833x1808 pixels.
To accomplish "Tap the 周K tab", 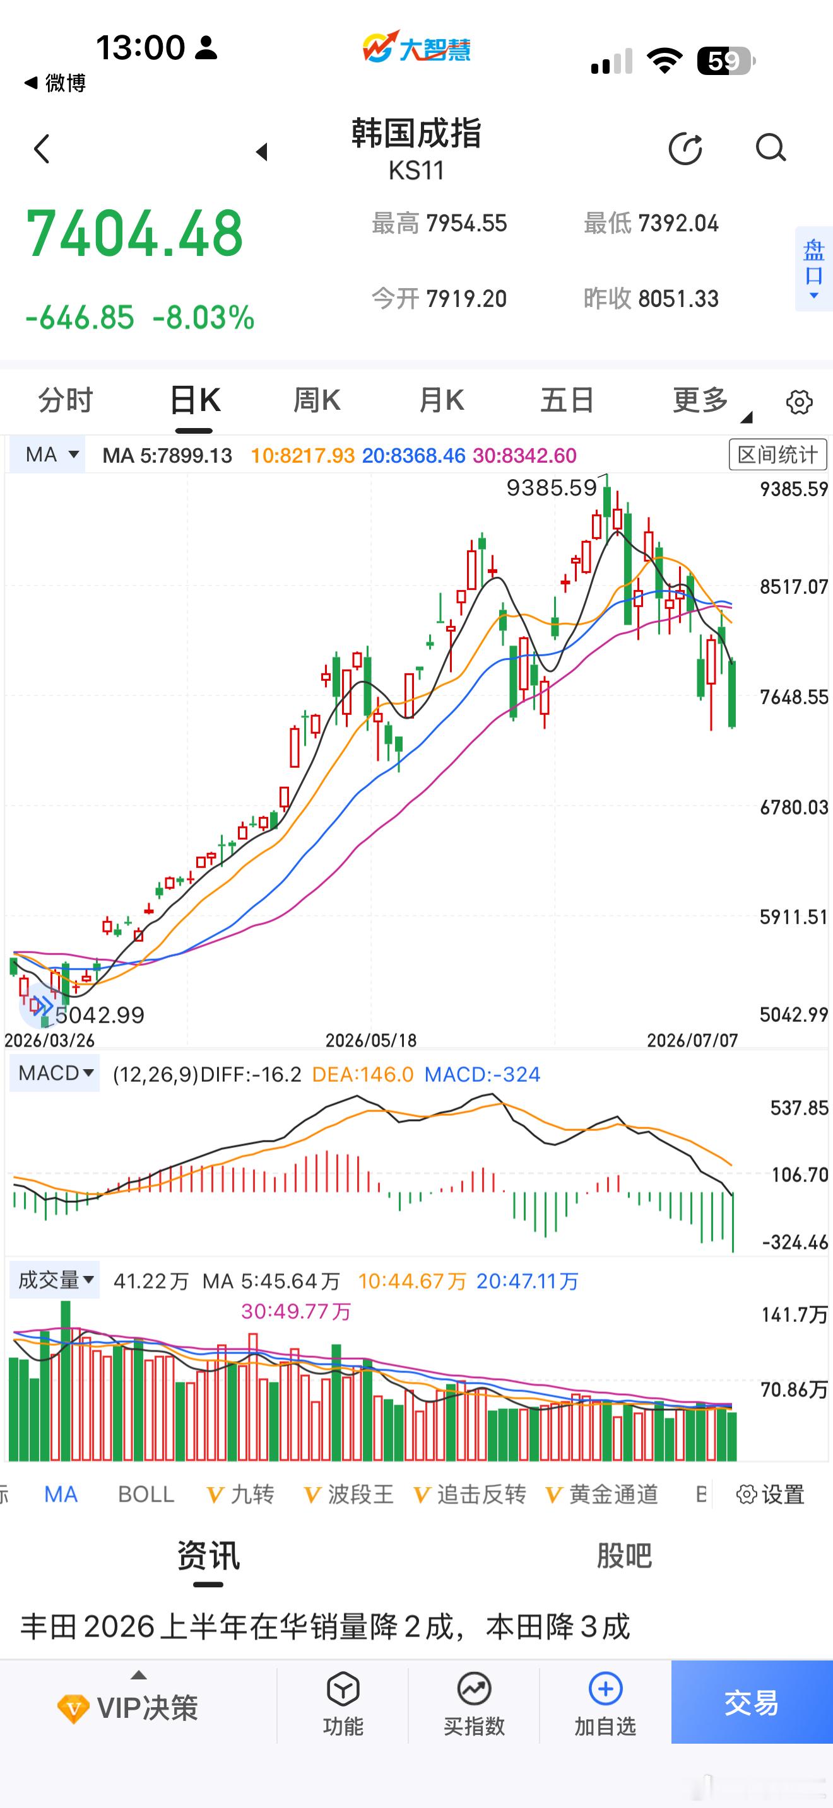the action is click(x=317, y=400).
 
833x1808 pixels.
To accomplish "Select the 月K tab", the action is click(x=441, y=400).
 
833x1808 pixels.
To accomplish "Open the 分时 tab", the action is click(x=66, y=400).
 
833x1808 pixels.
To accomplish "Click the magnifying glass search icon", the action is click(x=771, y=148).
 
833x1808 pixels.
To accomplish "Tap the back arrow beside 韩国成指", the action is click(x=42, y=149).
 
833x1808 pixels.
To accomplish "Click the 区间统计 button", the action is click(x=777, y=455).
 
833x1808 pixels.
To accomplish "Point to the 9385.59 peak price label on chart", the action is click(x=552, y=487).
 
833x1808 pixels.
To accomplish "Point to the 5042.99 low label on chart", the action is click(x=100, y=1015).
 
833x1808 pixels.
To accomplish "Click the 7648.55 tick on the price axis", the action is click(x=794, y=697).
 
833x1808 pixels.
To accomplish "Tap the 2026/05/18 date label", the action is click(x=371, y=1040).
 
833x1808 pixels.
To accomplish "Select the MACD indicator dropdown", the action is click(x=55, y=1074).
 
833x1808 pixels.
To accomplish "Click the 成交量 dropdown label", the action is click(x=55, y=1280).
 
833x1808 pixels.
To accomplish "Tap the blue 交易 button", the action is click(x=752, y=1702).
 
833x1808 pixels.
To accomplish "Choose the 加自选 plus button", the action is click(x=605, y=1703).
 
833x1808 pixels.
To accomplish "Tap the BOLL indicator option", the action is click(x=146, y=1495).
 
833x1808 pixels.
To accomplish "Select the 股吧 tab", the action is click(x=624, y=1556).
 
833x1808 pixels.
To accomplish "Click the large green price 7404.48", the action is click(x=134, y=233).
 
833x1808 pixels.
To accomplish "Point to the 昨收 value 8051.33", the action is click(x=678, y=299).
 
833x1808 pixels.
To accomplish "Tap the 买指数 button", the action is click(x=474, y=1703).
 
